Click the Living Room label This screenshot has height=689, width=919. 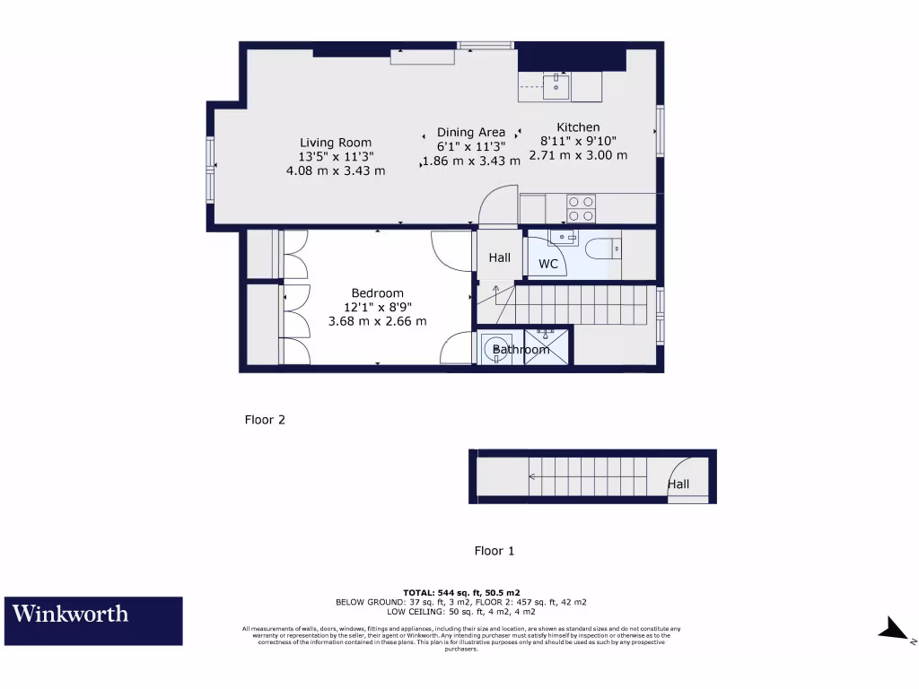pyautogui.click(x=336, y=143)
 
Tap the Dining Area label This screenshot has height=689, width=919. pyautogui.click(x=471, y=133)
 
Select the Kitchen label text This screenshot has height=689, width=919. pyautogui.click(x=578, y=127)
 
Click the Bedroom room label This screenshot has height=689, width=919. pyautogui.click(x=377, y=293)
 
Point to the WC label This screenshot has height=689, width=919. pyautogui.click(x=547, y=264)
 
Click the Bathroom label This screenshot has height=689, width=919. pyautogui.click(x=521, y=350)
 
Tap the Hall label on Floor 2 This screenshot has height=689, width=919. pyautogui.click(x=499, y=257)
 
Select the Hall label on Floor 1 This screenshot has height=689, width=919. pyautogui.click(x=678, y=484)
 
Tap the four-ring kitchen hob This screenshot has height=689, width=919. pyautogui.click(x=581, y=208)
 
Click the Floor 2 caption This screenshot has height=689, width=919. pyautogui.click(x=265, y=419)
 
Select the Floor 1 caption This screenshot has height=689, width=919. pyautogui.click(x=495, y=551)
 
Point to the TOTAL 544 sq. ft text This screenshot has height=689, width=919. pyautogui.click(x=461, y=593)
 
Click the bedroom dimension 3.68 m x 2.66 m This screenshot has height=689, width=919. pyautogui.click(x=377, y=320)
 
